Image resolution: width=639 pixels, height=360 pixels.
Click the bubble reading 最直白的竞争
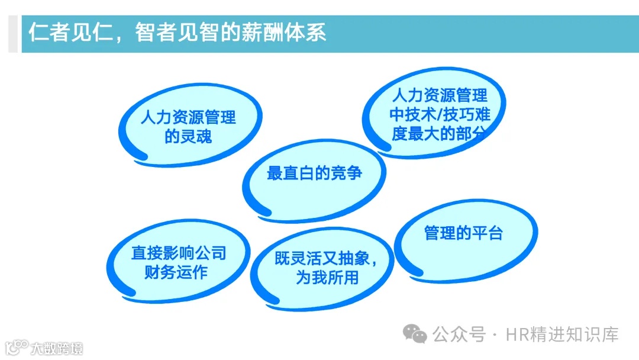tap(314, 174)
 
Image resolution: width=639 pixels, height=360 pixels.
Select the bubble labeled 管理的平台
tap(464, 233)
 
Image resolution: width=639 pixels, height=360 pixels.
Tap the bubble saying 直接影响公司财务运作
tap(178, 263)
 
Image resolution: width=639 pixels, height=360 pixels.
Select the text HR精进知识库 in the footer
tap(562, 335)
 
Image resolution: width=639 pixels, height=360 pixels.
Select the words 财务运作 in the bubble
tap(176, 273)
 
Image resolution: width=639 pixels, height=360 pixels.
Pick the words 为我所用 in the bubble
tap(327, 278)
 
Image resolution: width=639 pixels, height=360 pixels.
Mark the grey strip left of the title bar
tap(12, 34)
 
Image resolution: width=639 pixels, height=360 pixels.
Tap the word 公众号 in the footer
tap(458, 335)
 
